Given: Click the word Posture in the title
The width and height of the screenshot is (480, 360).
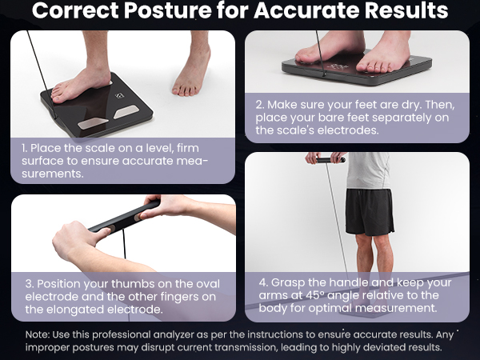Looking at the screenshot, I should [174, 11].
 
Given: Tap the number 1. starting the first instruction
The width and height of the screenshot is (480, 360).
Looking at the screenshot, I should [26, 148].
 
